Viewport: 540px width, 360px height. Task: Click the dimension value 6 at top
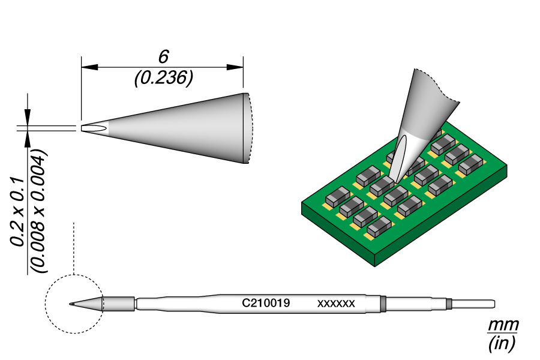click(x=163, y=57)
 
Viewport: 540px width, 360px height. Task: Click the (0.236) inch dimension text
click(x=163, y=78)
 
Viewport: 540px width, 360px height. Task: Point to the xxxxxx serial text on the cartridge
click(x=336, y=304)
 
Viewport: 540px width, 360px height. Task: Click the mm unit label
click(x=502, y=326)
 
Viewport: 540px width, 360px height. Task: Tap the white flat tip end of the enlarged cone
click(x=94, y=128)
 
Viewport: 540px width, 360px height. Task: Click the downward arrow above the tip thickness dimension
click(x=27, y=117)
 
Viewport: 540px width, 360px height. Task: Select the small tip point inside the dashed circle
click(x=71, y=304)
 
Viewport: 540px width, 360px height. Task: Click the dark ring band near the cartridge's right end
click(x=382, y=304)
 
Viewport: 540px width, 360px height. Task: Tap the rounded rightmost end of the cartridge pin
click(x=493, y=304)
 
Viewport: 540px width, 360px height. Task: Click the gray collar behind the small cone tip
click(x=118, y=304)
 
